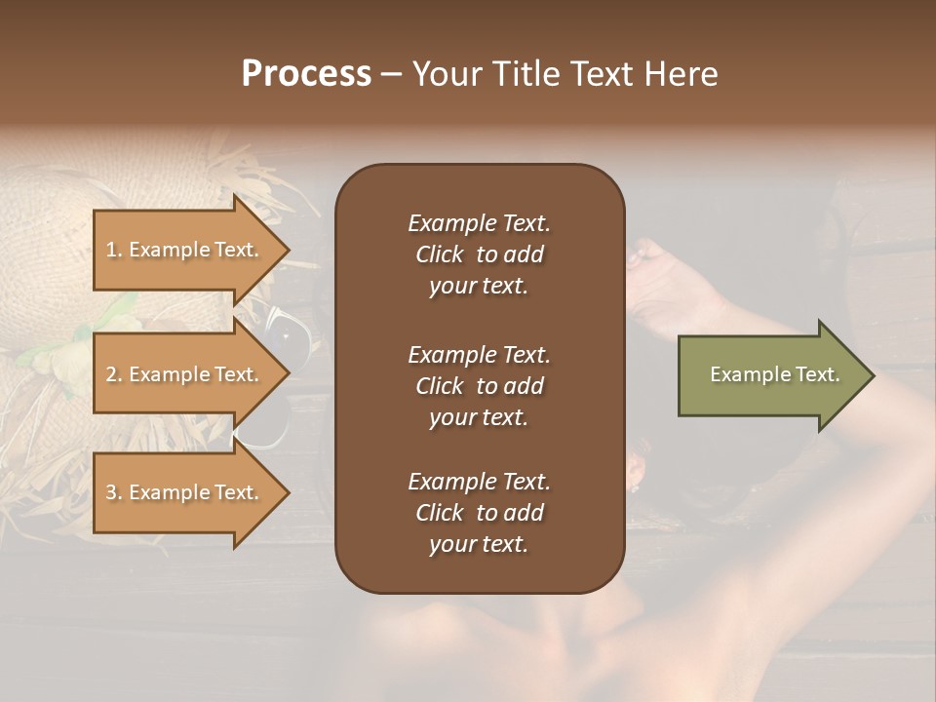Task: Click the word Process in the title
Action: pyautogui.click(x=306, y=73)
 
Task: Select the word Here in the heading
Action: pyautogui.click(x=681, y=73)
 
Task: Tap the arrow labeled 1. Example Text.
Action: pyautogui.click(x=185, y=250)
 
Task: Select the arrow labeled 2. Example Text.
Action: pyautogui.click(x=185, y=374)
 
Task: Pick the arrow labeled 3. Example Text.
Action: pyautogui.click(x=185, y=492)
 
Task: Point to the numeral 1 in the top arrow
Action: pyautogui.click(x=111, y=250)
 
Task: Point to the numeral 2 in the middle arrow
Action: pyautogui.click(x=111, y=374)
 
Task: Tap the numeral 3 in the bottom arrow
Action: pyautogui.click(x=111, y=492)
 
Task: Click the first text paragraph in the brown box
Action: pyautogui.click(x=479, y=254)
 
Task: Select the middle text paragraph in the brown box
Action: pyautogui.click(x=479, y=386)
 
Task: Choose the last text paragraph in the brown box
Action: pyautogui.click(x=479, y=513)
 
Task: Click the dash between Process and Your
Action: pyautogui.click(x=391, y=74)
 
